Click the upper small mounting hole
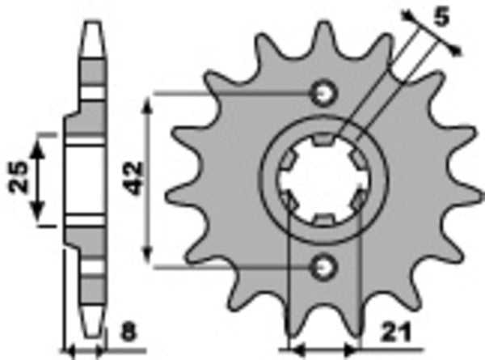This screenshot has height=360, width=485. (x=325, y=93)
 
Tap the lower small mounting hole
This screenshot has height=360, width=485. (x=325, y=265)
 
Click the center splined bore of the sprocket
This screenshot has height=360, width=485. (x=323, y=180)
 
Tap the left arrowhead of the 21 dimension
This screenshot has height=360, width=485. (x=294, y=349)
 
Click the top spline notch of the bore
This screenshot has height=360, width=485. (x=323, y=143)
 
